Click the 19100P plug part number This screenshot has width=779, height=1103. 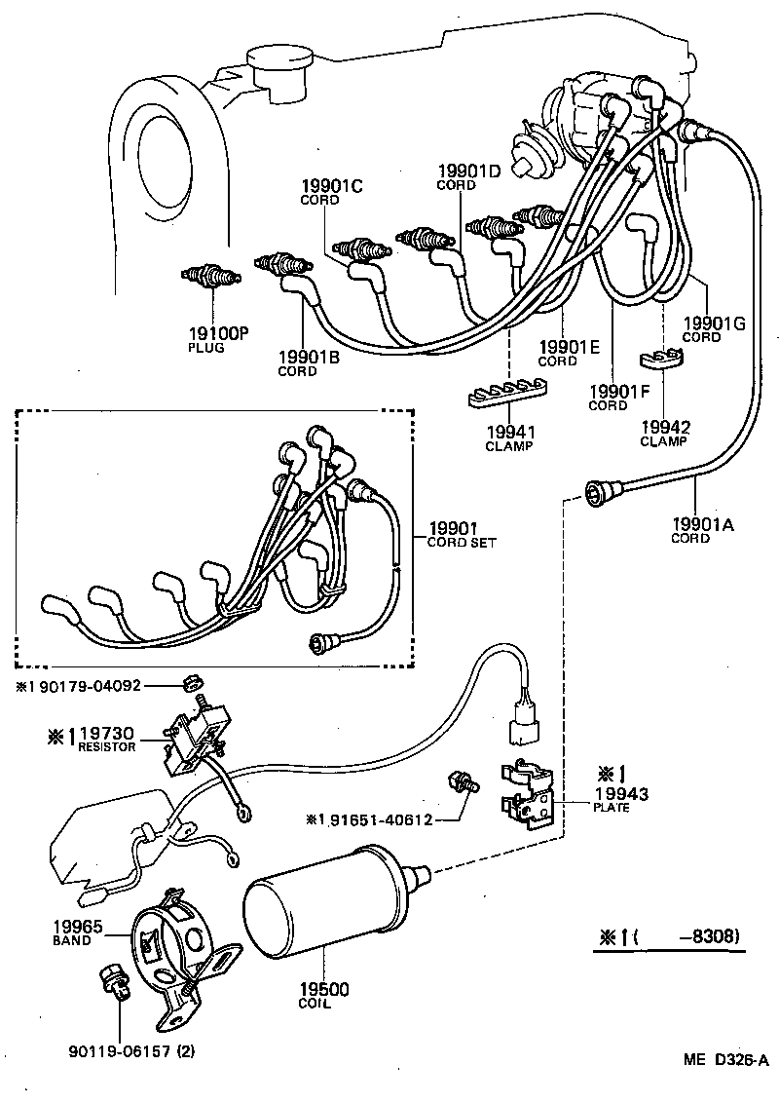pyautogui.click(x=220, y=333)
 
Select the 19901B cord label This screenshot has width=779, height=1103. pyautogui.click(x=308, y=358)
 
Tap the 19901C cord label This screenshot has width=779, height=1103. pyautogui.click(x=331, y=187)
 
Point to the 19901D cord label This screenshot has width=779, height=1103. pyautogui.click(x=468, y=172)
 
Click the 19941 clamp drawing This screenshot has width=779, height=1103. pyautogui.click(x=505, y=392)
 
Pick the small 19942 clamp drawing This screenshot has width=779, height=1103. pyautogui.click(x=663, y=361)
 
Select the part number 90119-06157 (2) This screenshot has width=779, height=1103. pyautogui.click(x=138, y=1051)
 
